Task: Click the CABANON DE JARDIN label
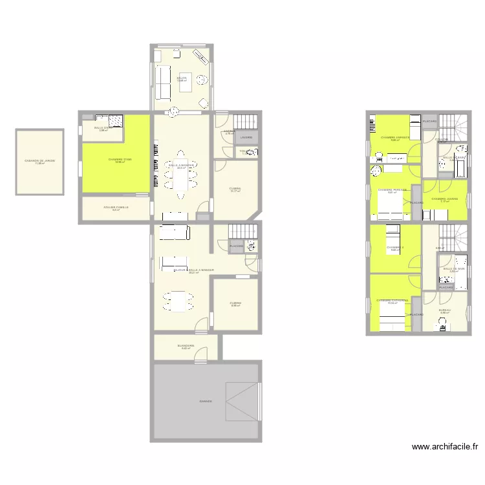[x=39, y=161]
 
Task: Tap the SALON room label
[x=182, y=79]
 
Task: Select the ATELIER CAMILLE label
[x=116, y=208]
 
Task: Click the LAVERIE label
[x=246, y=138]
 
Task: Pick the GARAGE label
[x=206, y=402]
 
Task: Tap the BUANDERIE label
[x=186, y=347]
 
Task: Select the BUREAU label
[x=444, y=311]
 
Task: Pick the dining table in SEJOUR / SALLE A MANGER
[x=178, y=301]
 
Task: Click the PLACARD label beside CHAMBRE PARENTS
[x=416, y=203]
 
